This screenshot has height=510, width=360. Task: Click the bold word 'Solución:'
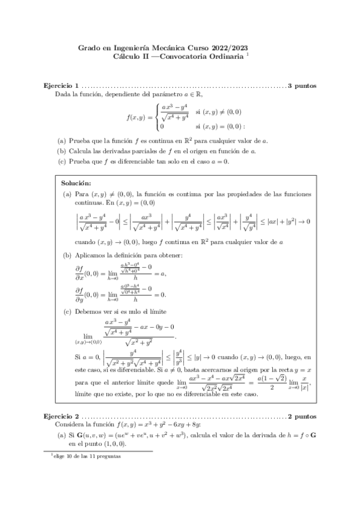76,182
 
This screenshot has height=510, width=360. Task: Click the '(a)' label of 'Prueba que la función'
62,140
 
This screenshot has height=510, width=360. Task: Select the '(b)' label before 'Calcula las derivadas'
62,150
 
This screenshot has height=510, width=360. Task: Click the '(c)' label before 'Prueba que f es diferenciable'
62,161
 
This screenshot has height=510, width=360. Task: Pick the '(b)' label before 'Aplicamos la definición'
67,256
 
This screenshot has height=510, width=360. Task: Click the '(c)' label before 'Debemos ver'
67,312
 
